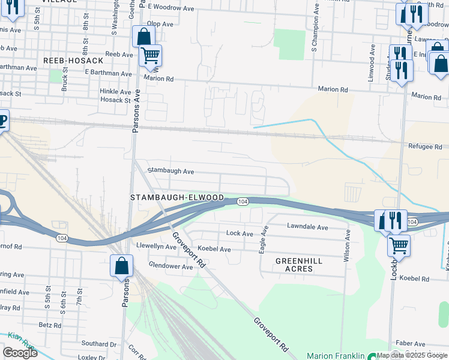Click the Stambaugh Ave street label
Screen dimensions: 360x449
(170, 172)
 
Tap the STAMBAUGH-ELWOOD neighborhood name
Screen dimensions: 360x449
(177, 197)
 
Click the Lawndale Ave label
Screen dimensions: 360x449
(307, 227)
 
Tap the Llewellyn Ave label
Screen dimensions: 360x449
(155, 246)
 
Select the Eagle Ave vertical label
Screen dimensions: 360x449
(263, 239)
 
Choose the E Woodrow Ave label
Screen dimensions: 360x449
(171, 7)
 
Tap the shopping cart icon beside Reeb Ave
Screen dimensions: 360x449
(150, 55)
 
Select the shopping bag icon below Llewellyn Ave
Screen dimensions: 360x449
(121, 266)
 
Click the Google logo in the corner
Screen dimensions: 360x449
(20, 353)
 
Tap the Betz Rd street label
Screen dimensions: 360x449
(46, 325)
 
